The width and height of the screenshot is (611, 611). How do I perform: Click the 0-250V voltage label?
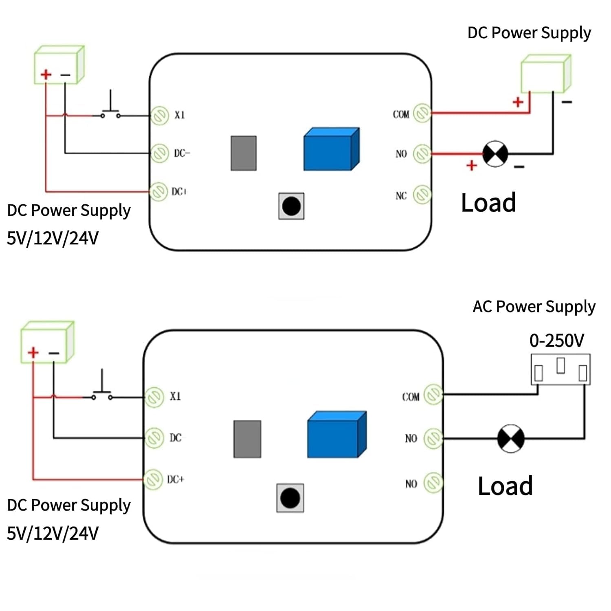coord(556,341)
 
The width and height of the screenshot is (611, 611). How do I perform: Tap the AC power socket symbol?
coord(560,369)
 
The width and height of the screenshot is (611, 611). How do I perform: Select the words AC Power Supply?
coord(534,307)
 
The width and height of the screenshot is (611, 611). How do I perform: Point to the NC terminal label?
coord(401,196)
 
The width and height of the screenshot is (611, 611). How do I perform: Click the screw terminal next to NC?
coord(422,195)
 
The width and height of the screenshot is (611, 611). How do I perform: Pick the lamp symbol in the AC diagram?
coord(511,439)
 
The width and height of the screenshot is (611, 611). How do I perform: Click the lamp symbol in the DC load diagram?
coord(495,154)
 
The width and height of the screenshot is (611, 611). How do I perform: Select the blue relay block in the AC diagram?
coord(336,435)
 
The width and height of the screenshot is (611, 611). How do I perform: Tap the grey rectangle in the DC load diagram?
coord(244,153)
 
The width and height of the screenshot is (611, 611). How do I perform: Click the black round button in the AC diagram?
coord(290,498)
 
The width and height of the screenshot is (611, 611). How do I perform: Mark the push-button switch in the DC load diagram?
coord(110,110)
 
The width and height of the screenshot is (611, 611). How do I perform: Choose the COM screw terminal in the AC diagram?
coord(433,394)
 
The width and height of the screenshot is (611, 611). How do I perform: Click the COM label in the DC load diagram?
coord(401,114)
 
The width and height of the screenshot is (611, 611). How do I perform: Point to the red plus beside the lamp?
coord(472,165)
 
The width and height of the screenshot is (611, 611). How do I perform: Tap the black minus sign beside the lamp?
coord(519,167)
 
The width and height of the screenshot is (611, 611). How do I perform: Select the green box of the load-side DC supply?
coord(545,74)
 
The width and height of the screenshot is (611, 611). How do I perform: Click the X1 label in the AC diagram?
coord(175,396)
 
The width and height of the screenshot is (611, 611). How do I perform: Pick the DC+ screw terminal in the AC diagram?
coord(154,479)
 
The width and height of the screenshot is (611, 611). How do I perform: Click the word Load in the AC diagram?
coord(505,486)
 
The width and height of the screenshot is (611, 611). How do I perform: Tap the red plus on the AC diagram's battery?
coord(33,352)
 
